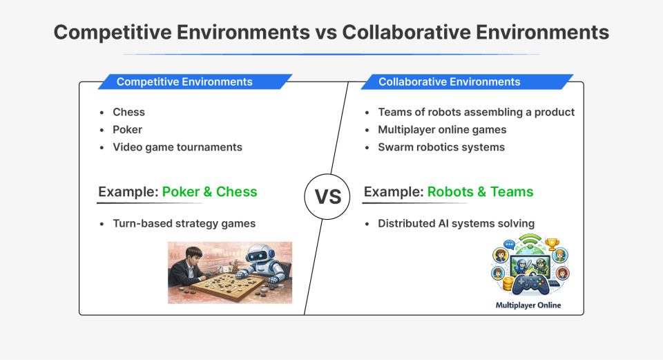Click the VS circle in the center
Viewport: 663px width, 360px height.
[328, 196]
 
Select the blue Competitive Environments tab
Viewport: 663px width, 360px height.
[184, 82]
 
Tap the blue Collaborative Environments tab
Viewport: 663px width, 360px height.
[449, 82]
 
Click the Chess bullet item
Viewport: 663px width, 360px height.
[129, 112]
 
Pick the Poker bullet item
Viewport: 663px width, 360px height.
[128, 129]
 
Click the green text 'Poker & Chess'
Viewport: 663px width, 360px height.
[209, 191]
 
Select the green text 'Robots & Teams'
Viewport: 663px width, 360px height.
[480, 191]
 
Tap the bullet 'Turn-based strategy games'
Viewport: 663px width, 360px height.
[184, 223]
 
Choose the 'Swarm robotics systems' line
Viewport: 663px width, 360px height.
[441, 147]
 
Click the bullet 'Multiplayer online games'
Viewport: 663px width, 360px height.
[442, 129]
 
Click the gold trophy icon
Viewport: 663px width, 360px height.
[552, 245]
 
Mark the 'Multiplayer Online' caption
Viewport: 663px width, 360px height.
[528, 305]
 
